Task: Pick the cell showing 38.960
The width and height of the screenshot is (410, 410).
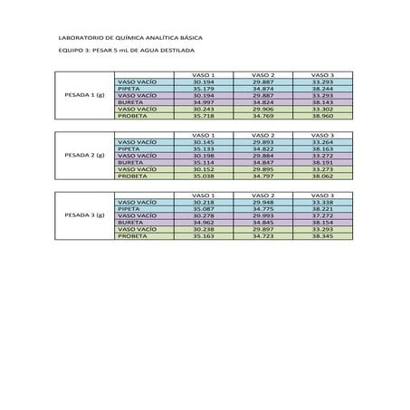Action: (x=322, y=117)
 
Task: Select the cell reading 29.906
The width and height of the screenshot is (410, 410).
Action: (x=262, y=110)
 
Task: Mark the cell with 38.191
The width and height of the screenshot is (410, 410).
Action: (x=322, y=162)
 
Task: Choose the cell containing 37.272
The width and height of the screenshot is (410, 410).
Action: (x=322, y=215)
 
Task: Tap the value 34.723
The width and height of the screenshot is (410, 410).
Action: (x=262, y=236)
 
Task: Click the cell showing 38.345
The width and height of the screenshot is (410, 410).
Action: (x=322, y=236)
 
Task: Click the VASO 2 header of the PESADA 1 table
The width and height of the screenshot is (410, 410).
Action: (x=262, y=73)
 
